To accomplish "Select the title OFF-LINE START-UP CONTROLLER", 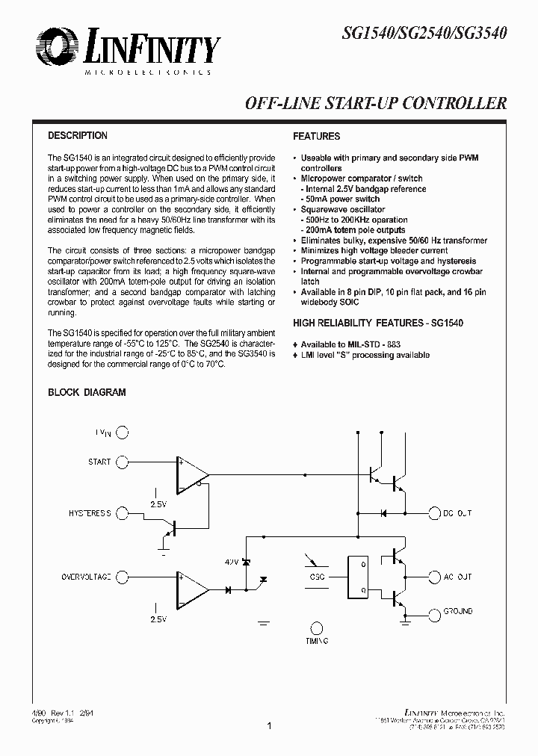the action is tap(377, 104).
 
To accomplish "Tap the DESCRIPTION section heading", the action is tap(78, 136).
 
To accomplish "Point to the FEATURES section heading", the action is tap(316, 137).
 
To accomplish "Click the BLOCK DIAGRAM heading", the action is tap(87, 392).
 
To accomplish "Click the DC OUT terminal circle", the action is tap(435, 513).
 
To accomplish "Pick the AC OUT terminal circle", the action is tap(435, 577).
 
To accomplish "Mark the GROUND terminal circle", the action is tap(435, 611).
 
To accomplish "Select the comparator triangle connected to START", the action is tap(191, 473).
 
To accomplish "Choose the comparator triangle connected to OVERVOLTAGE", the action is tap(191, 589).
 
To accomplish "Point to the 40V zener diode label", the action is tap(232, 561).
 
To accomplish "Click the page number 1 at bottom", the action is tap(268, 725).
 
